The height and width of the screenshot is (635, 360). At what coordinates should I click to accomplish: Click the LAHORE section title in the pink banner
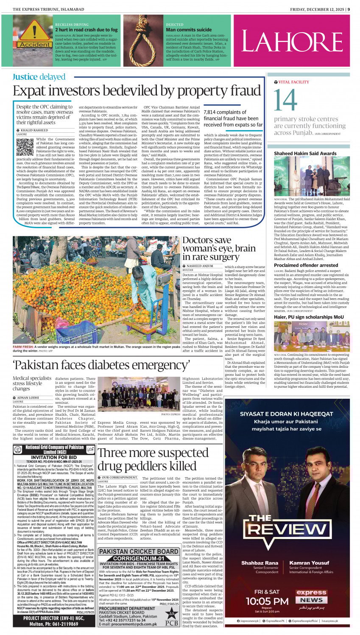pos(292,42)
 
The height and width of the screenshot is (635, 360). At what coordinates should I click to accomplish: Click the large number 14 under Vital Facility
pos(286,101)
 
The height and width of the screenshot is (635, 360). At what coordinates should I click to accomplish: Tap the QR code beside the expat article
pos(25,147)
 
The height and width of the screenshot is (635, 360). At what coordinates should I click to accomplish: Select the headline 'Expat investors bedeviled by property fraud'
pos(137,91)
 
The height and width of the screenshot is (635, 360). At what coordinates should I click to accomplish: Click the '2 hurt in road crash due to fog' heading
pos(87,30)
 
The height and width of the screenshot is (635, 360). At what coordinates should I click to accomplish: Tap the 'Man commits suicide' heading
pos(189,30)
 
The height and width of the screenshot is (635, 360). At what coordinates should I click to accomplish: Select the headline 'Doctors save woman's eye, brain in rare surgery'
pos(211,249)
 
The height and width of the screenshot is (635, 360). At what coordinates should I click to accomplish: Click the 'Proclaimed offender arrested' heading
pos(300,265)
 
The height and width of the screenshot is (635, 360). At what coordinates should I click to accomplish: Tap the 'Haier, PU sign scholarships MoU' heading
pos(303,317)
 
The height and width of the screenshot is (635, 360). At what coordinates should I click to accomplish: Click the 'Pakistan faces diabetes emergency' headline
pos(101,365)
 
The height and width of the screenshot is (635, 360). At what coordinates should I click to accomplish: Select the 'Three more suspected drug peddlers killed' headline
pos(147,459)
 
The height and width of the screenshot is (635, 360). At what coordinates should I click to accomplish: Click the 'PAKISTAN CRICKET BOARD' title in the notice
pos(139,551)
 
